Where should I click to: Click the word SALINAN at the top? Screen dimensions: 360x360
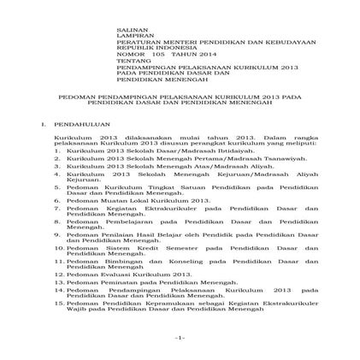point(127,29)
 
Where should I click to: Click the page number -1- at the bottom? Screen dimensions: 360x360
point(180,338)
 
